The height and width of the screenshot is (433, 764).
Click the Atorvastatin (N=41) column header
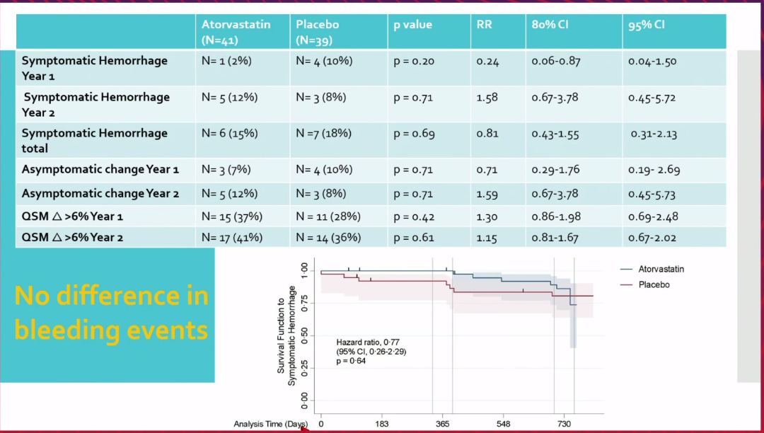(x=236, y=32)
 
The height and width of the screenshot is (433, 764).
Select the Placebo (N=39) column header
(x=317, y=32)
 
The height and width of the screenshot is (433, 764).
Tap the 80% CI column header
(x=550, y=25)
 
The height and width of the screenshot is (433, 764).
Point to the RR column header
(x=485, y=25)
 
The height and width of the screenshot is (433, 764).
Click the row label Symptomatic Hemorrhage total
(x=94, y=140)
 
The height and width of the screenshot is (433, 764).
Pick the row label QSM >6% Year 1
(x=72, y=217)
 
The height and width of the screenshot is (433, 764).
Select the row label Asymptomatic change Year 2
(x=100, y=194)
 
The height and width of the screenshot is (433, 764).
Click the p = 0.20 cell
(x=413, y=62)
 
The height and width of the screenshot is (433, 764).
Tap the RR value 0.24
(x=487, y=62)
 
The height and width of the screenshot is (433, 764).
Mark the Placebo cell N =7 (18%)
(x=323, y=134)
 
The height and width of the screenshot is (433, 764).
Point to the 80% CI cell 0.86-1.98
(x=556, y=216)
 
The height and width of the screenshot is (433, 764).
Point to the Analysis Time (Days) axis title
(x=271, y=424)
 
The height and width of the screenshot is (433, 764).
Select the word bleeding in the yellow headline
(x=63, y=330)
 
